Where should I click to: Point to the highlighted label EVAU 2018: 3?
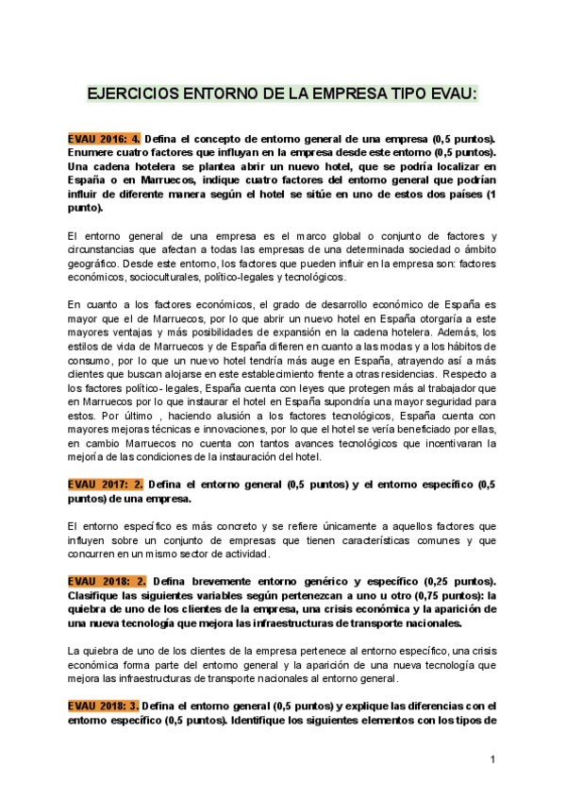click(x=104, y=706)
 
